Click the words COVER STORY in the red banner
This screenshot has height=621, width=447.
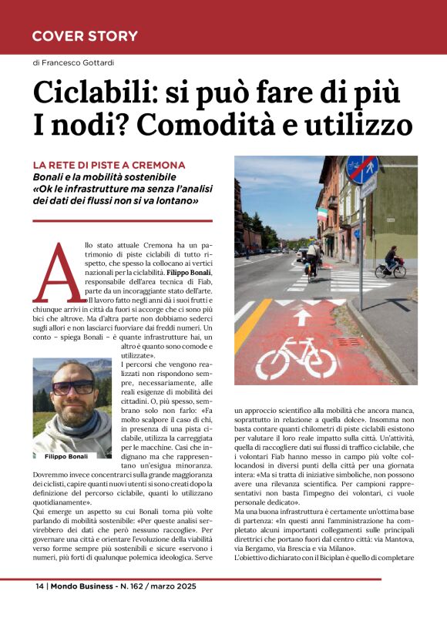coord(85,35)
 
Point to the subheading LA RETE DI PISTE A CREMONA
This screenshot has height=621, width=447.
coord(109,166)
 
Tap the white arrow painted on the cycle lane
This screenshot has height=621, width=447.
coord(304,316)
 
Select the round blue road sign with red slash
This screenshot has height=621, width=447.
coord(361,169)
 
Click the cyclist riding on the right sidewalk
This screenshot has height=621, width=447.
coord(390,262)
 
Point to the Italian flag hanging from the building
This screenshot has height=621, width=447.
coord(321,213)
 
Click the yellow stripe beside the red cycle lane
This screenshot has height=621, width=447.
coord(254,324)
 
